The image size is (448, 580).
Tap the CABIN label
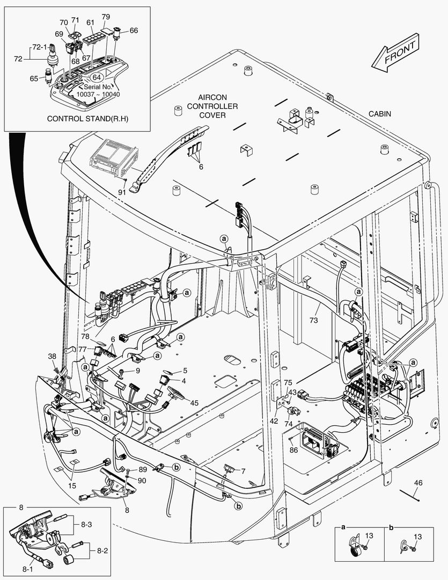pos(379,114)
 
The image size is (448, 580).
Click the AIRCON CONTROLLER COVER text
pos(213,106)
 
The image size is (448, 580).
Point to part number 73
pos(313,320)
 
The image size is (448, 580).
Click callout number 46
pos(418,483)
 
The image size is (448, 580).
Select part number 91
pos(122,192)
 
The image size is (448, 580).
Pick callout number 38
pos(52,356)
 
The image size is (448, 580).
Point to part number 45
pos(194,402)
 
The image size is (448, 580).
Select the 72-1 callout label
pos(39,47)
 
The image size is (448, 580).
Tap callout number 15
pos(72,487)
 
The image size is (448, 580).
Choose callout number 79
pos(106,17)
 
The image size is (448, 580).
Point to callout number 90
pos(142,480)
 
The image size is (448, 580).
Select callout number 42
pos(274,421)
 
